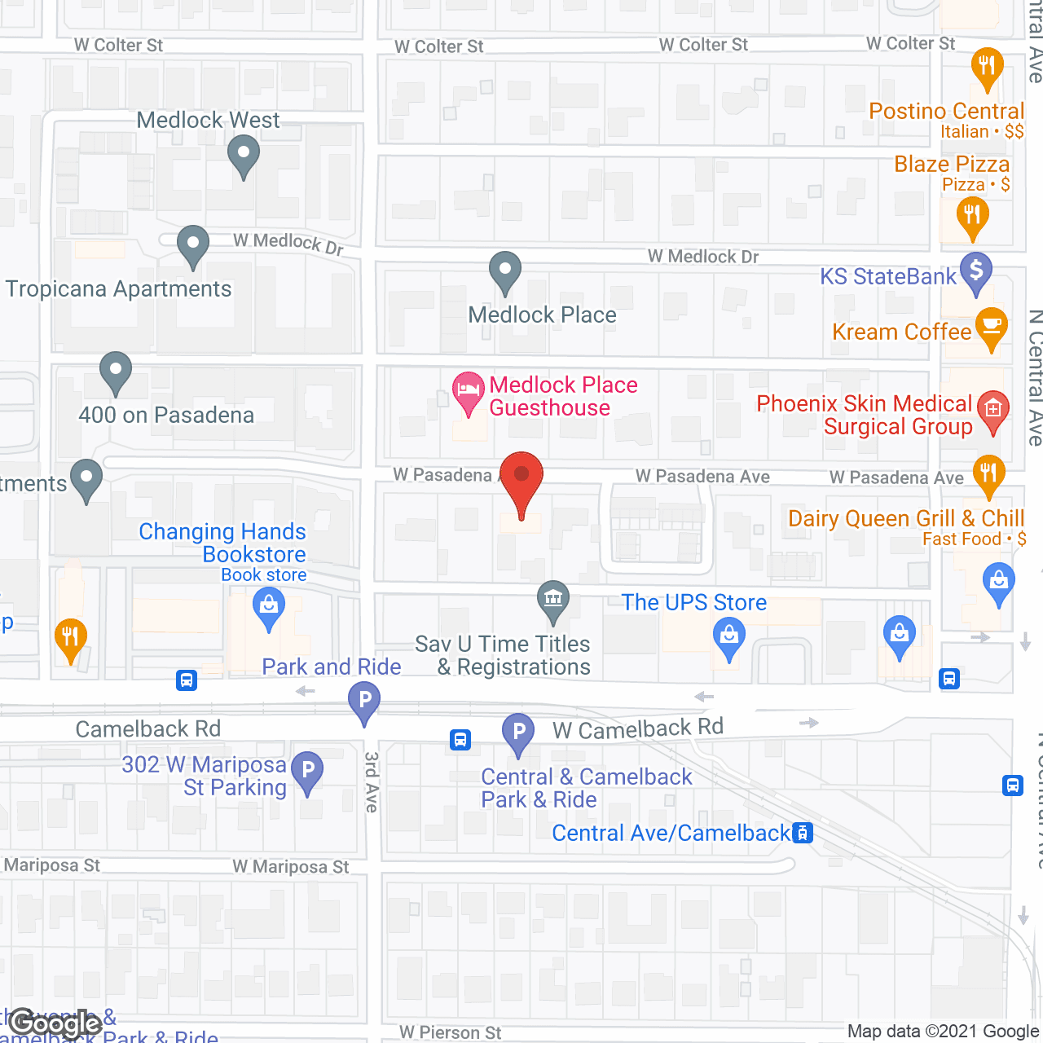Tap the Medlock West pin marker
point(243,154)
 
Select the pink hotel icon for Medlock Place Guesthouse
point(468,391)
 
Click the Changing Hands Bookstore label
point(222,543)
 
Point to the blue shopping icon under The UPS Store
point(729,638)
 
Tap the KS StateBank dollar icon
point(976,272)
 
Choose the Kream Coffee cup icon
point(991,327)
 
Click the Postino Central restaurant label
point(946,112)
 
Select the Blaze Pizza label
point(952,165)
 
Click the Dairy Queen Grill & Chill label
point(905,519)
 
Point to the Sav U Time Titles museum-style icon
point(553,600)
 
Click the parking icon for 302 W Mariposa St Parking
point(308,770)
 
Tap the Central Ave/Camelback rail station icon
point(803,833)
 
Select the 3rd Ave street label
point(372,781)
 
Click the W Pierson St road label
point(450,1032)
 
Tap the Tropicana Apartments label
point(119,289)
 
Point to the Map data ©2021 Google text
point(943,1032)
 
